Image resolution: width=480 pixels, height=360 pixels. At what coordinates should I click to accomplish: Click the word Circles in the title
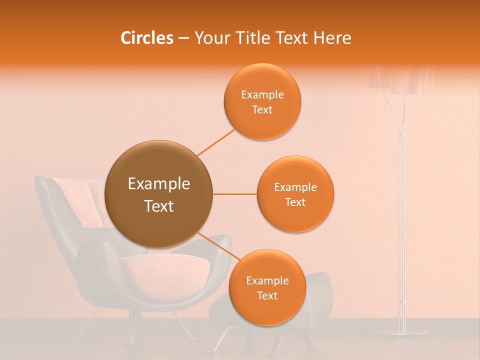coord(147,38)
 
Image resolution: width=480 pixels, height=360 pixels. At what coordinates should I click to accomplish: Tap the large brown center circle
coord(159,194)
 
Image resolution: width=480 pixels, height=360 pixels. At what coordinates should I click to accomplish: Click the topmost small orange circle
coord(262,101)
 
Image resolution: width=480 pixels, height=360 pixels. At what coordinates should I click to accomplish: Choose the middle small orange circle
coord(295,194)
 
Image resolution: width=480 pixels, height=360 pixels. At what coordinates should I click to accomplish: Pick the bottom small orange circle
coord(267,287)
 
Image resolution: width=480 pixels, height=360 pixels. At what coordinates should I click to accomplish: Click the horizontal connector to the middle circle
coord(235,194)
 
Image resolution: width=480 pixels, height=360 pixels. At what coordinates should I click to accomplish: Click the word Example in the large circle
coord(159,184)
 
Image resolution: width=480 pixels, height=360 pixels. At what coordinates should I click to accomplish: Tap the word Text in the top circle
coord(262,110)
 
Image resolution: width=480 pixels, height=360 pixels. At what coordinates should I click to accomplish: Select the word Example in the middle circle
coord(295,187)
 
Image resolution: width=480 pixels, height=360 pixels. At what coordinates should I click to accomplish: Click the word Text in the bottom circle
coord(267,296)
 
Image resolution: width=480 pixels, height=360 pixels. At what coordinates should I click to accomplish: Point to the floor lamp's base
coord(400,332)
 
